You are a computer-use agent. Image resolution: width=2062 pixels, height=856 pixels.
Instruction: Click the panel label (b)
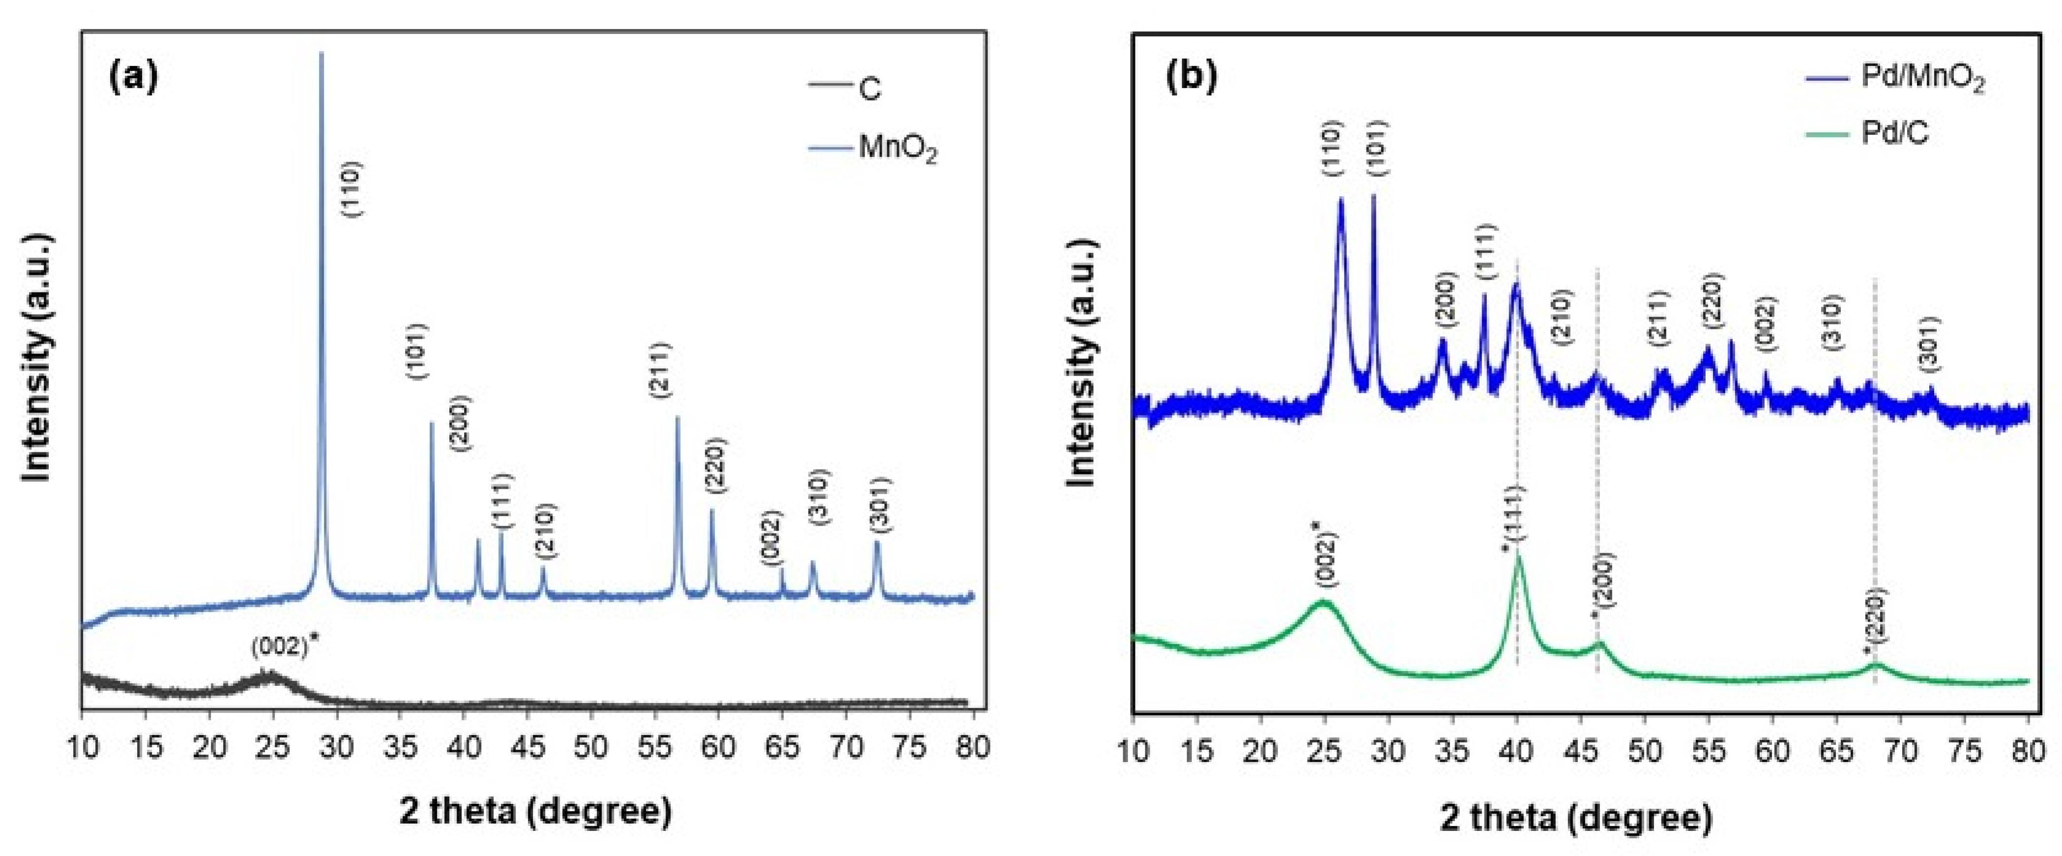tap(1192, 76)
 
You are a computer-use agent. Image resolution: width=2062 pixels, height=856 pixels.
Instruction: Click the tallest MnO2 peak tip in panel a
tap(322, 55)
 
